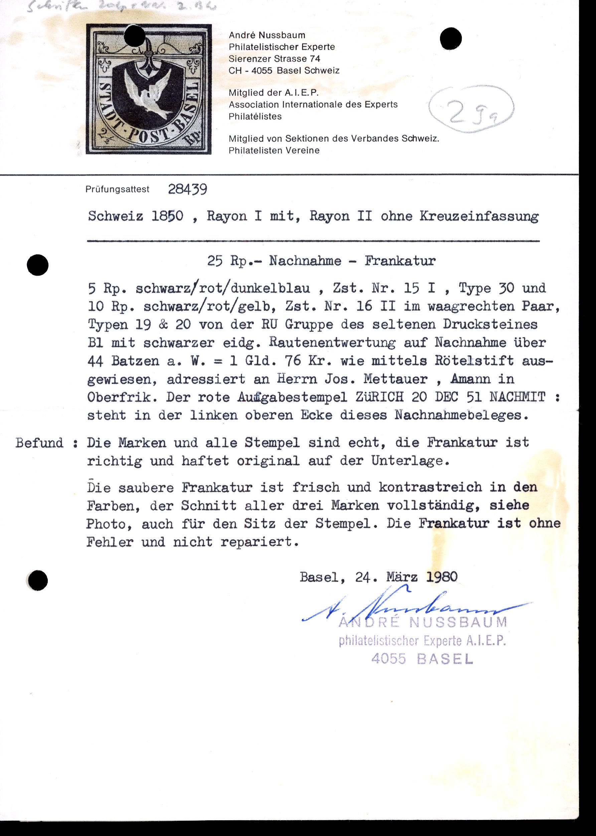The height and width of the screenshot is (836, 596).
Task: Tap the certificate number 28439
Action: pos(187,189)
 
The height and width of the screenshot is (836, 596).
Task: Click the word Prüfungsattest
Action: pos(118,189)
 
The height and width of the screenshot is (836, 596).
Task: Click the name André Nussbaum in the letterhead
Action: pos(267,35)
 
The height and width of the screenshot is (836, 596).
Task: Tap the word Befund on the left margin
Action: pos(39,443)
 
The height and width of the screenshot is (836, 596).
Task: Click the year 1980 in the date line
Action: pos(442,577)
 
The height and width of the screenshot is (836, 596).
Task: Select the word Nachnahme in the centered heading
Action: pos(305,261)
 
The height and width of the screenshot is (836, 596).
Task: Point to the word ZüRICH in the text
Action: pos(380,397)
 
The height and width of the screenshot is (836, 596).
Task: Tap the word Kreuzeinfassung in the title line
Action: pos(479,216)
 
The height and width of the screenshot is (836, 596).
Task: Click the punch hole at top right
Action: pos(451,38)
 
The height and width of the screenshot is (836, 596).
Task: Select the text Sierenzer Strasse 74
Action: pos(274,59)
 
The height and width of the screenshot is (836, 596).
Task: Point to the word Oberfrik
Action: pos(119,397)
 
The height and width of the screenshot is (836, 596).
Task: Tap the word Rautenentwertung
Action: pos(332,342)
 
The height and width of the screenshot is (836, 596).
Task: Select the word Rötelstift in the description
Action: pos(474,361)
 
